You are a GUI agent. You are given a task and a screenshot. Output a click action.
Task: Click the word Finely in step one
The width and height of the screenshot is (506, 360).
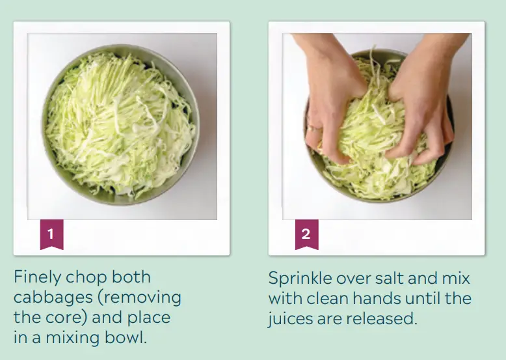(36, 277)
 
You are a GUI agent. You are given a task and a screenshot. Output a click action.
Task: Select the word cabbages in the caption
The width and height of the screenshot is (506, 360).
(53, 298)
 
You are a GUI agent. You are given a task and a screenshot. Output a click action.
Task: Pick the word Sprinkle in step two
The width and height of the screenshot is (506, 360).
(299, 278)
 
